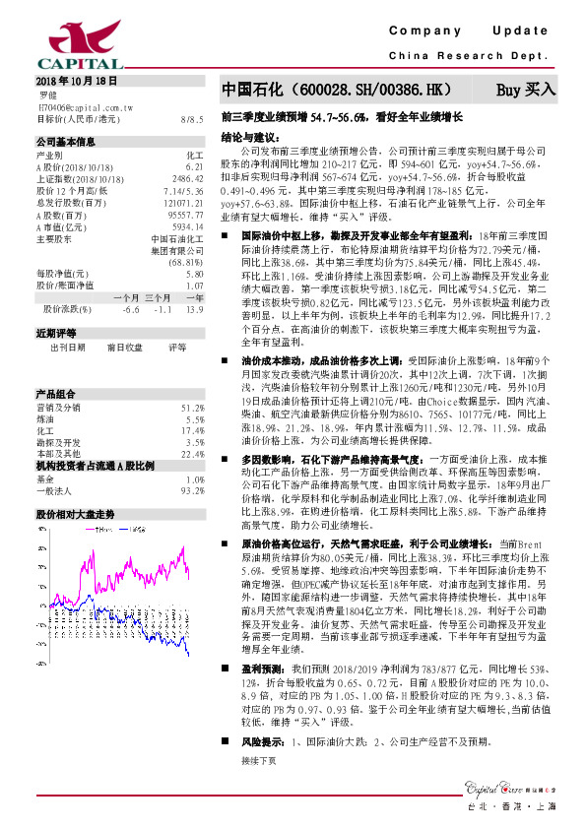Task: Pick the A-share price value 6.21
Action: (x=194, y=167)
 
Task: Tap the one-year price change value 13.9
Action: (x=194, y=309)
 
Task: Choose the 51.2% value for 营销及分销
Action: (x=192, y=379)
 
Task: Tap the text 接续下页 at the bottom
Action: (x=258, y=761)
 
